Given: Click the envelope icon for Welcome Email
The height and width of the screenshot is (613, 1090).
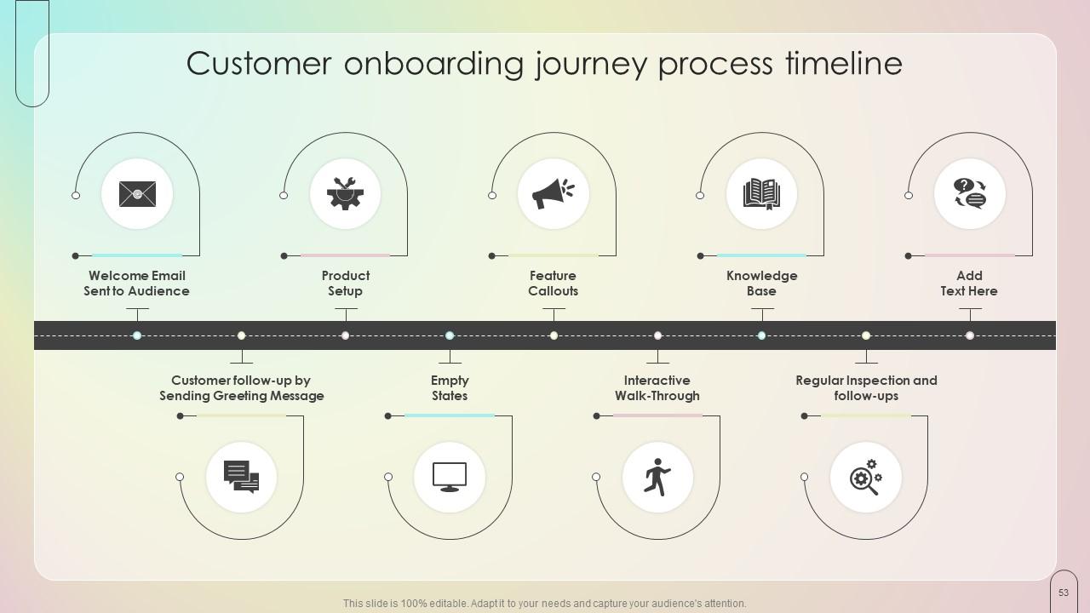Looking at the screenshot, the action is (138, 194).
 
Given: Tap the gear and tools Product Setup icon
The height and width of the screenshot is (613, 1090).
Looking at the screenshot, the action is (346, 193).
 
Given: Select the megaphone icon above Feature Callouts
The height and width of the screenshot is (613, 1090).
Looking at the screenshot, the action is (554, 193).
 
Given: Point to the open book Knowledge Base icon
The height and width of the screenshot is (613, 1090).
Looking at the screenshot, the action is (761, 194).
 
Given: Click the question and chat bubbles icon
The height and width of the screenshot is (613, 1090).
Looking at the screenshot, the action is (969, 193).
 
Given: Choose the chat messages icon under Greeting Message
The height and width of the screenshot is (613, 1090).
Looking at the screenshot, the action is (241, 477).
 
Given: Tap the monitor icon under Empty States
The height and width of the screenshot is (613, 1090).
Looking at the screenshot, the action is (450, 477).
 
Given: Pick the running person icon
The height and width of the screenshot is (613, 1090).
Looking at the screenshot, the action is (657, 477).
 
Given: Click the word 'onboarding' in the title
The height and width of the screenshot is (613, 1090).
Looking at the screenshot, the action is (433, 63).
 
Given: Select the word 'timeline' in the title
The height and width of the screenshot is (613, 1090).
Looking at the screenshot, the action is (844, 63).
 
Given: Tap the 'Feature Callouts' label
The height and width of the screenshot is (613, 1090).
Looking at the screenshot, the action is (554, 284).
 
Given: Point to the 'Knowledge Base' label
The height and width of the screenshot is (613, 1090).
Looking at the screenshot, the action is (761, 284).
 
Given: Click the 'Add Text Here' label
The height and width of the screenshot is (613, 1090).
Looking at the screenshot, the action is (969, 284).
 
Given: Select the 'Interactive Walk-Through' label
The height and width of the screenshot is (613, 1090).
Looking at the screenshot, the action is (657, 387).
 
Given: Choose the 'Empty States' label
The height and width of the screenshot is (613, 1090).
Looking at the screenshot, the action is (450, 387).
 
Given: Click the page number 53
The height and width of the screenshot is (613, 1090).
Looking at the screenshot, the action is (1064, 593).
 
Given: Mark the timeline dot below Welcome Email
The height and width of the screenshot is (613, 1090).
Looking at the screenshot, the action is (137, 335).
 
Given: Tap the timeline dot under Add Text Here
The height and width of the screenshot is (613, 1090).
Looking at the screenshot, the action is (970, 335).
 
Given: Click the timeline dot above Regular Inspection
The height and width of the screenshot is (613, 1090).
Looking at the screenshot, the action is (866, 335).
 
